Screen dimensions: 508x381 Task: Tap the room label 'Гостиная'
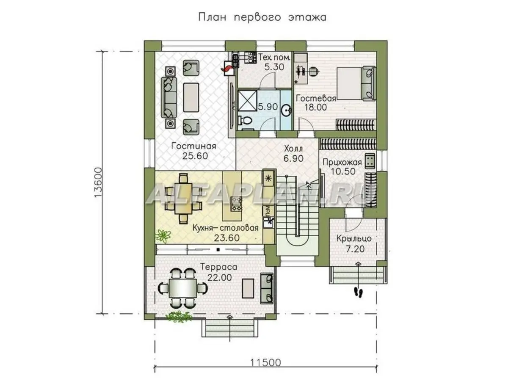point(194,146)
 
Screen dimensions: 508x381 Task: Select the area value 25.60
point(195,156)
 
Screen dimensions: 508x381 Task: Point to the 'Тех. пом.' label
point(274,57)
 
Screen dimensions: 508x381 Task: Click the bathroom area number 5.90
point(268,107)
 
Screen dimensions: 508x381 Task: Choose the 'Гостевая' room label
point(316,98)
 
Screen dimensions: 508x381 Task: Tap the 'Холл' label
point(293,149)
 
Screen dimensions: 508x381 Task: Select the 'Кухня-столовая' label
point(225,228)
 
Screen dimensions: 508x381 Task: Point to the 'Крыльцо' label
point(354,238)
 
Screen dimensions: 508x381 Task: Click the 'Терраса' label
point(219,267)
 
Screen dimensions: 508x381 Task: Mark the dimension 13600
point(98,182)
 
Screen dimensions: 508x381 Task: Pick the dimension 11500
point(265,362)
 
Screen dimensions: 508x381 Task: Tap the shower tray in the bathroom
point(247,101)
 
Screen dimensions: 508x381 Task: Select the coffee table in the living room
point(191,97)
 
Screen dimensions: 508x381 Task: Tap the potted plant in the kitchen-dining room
point(163,236)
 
